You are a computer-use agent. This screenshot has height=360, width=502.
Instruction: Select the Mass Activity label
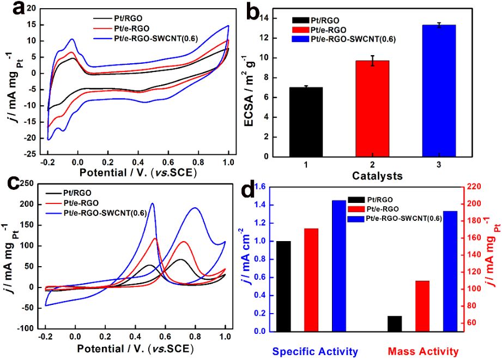(423, 351)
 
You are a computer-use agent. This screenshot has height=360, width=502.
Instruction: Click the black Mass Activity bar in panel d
(395, 323)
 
